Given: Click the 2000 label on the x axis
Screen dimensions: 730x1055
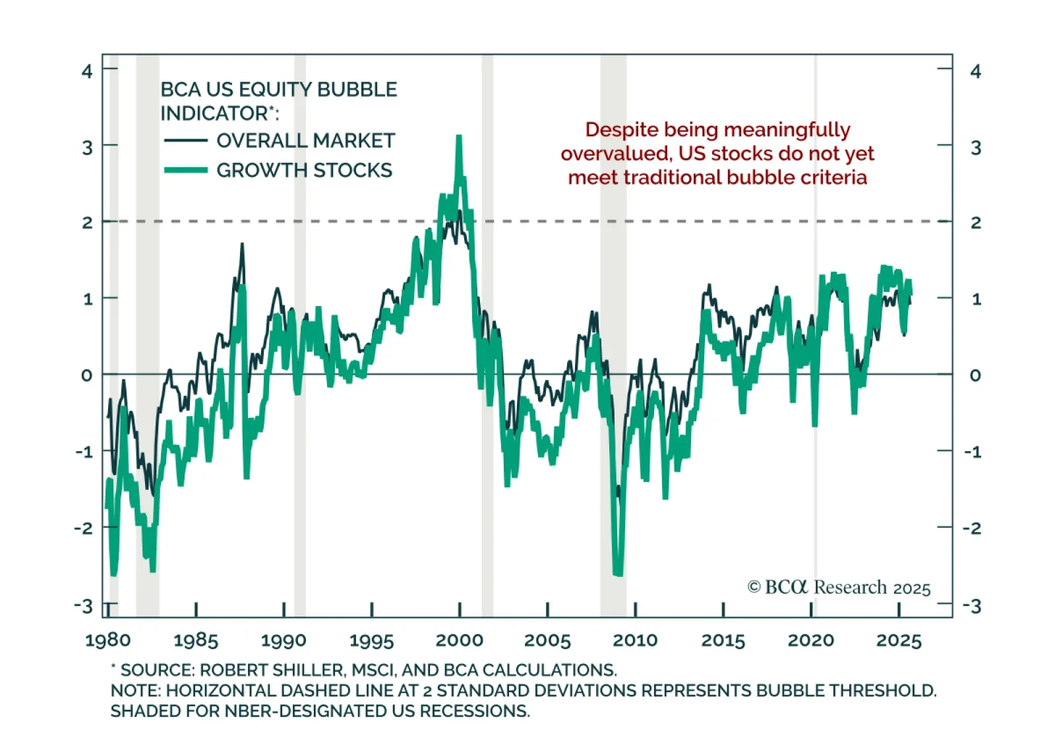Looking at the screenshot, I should point(459,640).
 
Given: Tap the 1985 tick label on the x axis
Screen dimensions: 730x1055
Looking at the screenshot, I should point(195,640).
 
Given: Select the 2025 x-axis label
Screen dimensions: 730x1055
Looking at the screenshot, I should point(899,640).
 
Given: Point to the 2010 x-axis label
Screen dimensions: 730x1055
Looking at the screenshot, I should point(635,640).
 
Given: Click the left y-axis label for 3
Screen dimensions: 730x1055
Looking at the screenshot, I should point(87,147).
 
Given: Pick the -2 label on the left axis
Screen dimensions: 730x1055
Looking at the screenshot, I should point(83,528).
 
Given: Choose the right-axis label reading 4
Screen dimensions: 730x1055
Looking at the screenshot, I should point(976,71).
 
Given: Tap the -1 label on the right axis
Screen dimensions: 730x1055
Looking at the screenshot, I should point(973,452).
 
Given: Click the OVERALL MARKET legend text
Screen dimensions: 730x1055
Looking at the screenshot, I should point(305,140).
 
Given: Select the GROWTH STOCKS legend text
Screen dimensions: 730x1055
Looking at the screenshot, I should point(304,170).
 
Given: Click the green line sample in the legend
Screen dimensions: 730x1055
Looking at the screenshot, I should point(185,170).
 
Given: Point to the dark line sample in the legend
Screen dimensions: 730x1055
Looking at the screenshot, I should point(185,140).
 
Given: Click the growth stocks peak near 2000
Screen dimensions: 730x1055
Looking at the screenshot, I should point(459,137).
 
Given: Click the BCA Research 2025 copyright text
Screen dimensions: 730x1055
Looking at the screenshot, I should point(839,587).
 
